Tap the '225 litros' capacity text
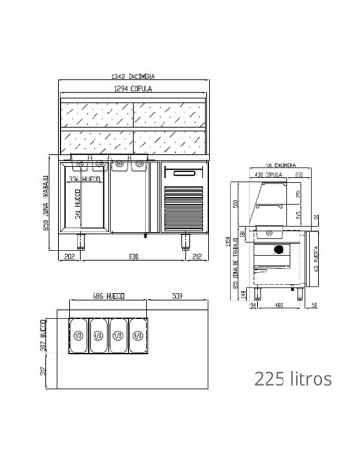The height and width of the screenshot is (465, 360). click(293, 379)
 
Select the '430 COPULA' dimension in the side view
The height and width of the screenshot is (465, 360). click(268, 176)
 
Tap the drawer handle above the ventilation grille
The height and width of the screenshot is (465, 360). click(183, 174)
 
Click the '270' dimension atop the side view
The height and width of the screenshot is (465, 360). click(297, 176)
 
